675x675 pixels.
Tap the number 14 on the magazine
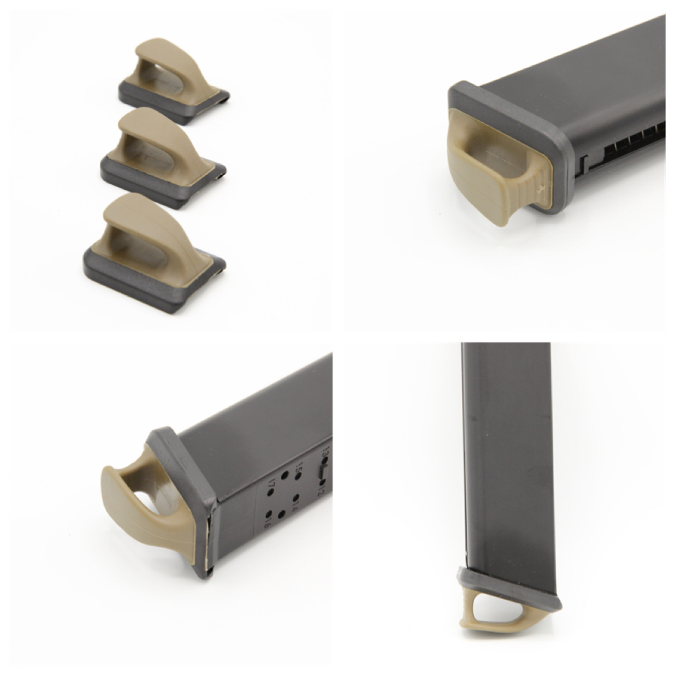[295, 504]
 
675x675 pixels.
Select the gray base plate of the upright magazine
[513, 587]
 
